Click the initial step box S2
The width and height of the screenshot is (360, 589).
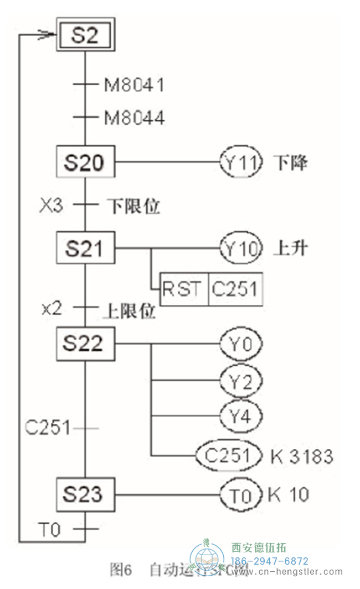click(85, 37)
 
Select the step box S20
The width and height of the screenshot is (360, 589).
click(85, 163)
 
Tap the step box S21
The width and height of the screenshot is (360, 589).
click(85, 249)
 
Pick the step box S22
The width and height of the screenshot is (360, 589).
click(85, 343)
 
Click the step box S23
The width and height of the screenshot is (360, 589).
click(85, 494)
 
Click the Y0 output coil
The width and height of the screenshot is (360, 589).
click(241, 344)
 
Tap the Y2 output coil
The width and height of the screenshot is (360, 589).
click(241, 381)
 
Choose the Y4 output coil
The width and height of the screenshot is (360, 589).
click(241, 416)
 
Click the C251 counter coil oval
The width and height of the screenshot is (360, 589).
click(228, 455)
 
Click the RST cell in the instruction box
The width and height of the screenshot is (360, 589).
click(184, 289)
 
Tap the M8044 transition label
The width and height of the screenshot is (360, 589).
click(134, 117)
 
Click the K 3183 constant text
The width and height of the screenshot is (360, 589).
click(302, 456)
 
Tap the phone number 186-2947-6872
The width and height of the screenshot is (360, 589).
click(270, 561)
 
